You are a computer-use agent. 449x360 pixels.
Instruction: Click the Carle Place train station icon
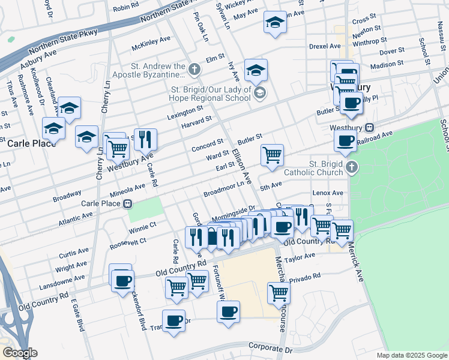tap(127, 203)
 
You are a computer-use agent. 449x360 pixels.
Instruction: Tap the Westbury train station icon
tap(370, 127)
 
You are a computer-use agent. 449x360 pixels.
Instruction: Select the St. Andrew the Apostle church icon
tap(193, 69)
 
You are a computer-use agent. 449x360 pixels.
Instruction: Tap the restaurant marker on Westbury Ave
tap(145, 140)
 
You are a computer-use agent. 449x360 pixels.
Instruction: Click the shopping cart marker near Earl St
tap(273, 155)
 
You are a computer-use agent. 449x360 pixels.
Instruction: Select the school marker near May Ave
tap(275, 22)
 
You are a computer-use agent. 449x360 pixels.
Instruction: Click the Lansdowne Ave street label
tap(63, 280)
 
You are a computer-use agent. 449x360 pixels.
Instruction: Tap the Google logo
tap(20, 352)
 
